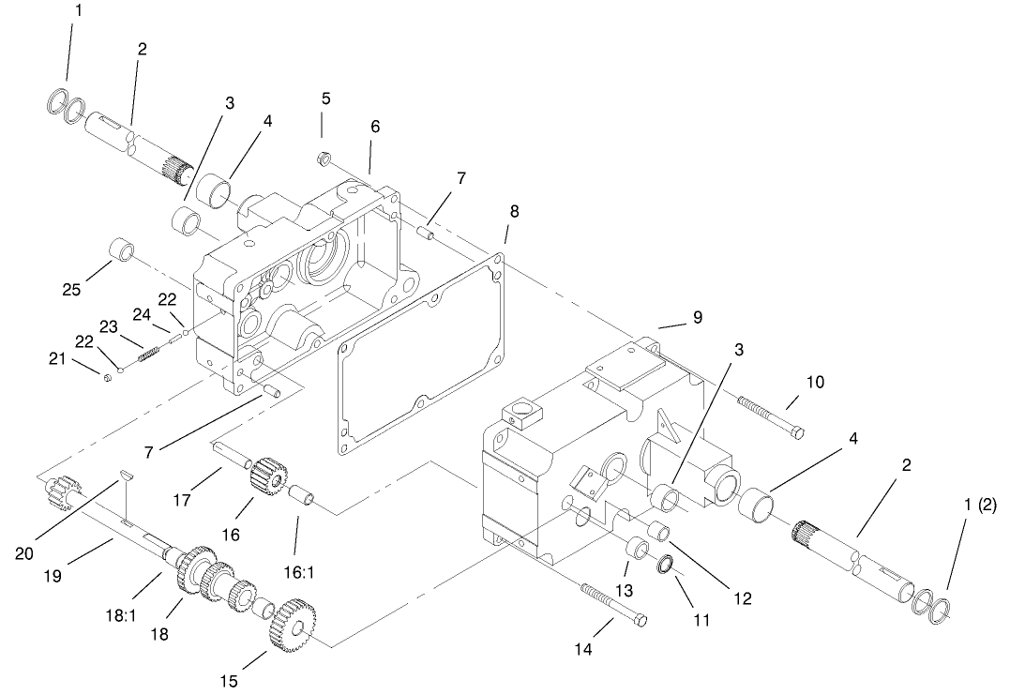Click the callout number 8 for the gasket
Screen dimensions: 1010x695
point(513,211)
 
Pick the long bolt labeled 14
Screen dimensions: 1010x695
point(614,603)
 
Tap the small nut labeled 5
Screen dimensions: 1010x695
point(324,158)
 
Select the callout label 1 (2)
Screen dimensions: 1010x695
point(980,488)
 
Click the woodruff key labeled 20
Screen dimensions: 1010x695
point(126,476)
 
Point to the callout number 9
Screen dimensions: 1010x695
point(698,318)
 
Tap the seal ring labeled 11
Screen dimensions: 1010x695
point(666,565)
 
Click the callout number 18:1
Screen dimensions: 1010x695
point(120,616)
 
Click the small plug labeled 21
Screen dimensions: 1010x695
point(108,376)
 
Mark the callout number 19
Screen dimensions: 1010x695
point(53,575)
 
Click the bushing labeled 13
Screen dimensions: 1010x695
point(639,551)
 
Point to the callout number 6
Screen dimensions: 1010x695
point(375,127)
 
